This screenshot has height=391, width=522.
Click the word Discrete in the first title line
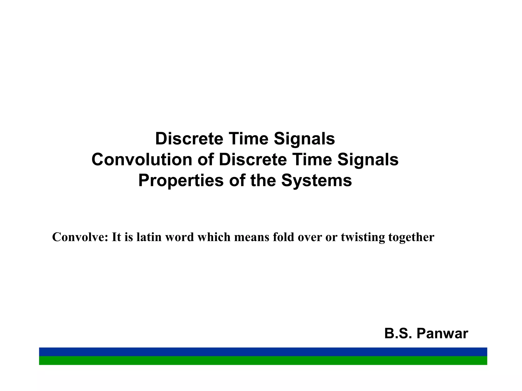(189, 139)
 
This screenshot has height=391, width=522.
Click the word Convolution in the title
(142, 160)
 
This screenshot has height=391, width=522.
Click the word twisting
(363, 237)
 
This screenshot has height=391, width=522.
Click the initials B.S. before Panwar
(398, 333)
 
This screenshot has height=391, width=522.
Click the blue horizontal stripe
(263, 352)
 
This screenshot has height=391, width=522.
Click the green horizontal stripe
(263, 360)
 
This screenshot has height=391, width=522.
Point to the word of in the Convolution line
(205, 160)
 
